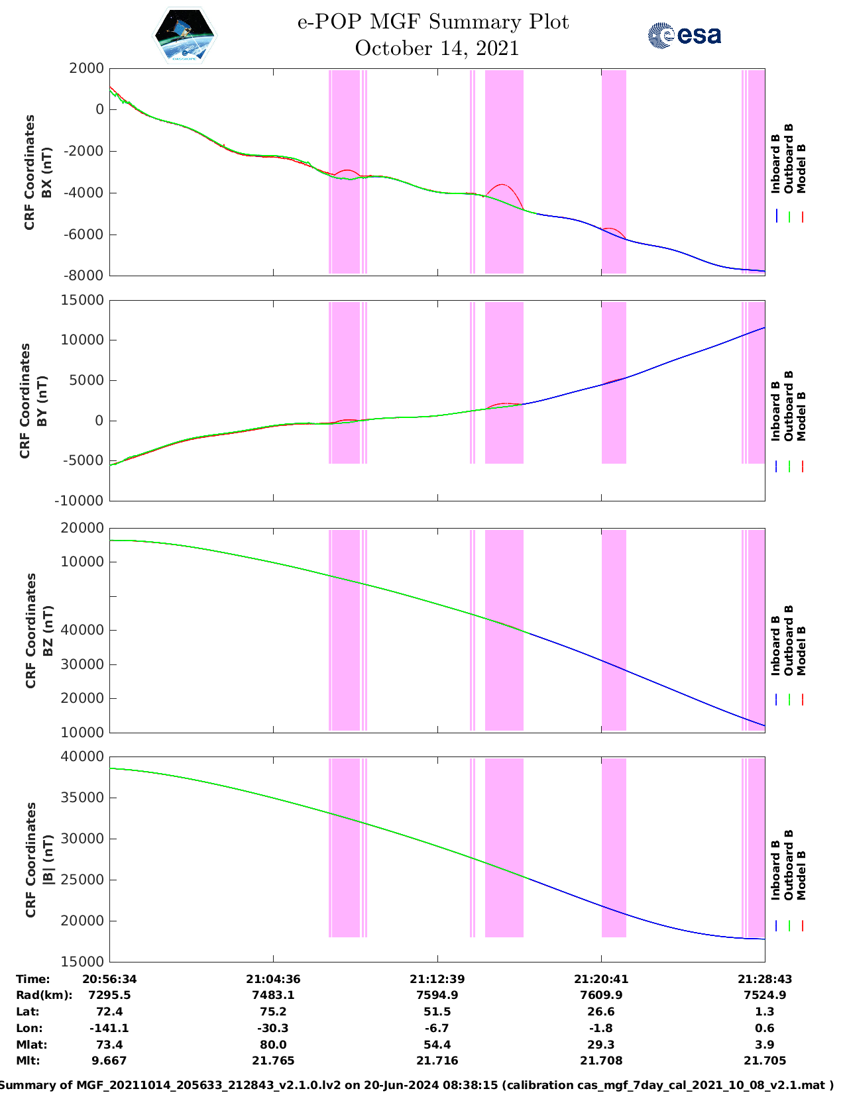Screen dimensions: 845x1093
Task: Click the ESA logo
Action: [684, 35]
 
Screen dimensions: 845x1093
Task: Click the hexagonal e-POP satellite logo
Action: [185, 35]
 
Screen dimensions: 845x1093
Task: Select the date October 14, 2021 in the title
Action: [437, 48]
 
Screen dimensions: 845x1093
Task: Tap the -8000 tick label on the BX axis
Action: [84, 276]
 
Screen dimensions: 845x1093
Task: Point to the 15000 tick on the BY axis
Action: [82, 300]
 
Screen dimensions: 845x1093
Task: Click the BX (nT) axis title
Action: [46, 172]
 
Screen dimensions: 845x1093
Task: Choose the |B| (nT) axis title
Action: [48, 860]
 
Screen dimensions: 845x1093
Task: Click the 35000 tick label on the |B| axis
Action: [82, 798]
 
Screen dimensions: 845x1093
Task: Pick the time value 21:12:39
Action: [437, 979]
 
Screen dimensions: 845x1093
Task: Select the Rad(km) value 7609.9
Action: [601, 995]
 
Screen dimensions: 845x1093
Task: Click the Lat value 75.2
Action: [273, 1012]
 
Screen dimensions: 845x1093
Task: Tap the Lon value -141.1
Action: [109, 1028]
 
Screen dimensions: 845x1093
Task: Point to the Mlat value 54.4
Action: [437, 1045]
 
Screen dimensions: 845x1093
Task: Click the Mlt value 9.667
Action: [109, 1061]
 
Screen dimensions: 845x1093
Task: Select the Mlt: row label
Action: [28, 1061]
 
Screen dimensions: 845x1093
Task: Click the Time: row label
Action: [33, 979]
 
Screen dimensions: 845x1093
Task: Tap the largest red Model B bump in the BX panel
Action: [503, 185]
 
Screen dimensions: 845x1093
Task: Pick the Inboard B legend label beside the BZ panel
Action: [775, 645]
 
